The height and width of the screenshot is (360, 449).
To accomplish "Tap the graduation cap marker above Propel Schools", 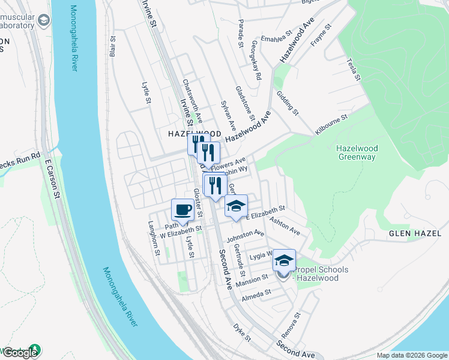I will click(x=285, y=260).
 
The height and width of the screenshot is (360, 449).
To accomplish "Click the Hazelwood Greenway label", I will click(x=356, y=152).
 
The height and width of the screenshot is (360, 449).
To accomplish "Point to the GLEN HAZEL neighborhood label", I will click(x=415, y=233).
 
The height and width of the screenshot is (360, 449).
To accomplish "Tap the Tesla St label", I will click(x=353, y=69).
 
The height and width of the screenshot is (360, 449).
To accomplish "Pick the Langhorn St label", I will click(x=155, y=238).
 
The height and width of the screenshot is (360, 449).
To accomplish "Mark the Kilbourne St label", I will click(x=331, y=124).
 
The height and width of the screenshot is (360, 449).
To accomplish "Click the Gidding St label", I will click(x=288, y=103).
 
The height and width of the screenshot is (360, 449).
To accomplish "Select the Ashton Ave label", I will click(x=285, y=226).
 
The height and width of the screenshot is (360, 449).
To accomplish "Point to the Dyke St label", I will click(x=242, y=335).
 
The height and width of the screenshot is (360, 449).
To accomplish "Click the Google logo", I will click(x=20, y=353).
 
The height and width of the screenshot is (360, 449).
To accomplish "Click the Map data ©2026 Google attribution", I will click(x=411, y=355).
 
